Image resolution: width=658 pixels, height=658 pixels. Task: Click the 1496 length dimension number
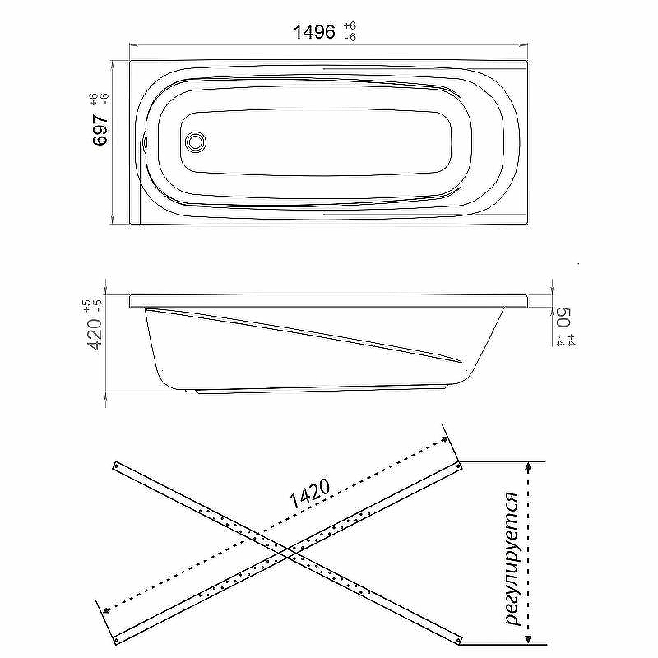tap(314, 31)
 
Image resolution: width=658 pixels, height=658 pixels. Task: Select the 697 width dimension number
tap(100, 130)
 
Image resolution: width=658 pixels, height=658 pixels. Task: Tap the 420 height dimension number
tap(93, 335)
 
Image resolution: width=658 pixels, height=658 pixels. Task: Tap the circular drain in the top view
tap(196, 141)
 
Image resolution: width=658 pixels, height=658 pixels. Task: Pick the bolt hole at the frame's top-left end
tap(116, 465)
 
